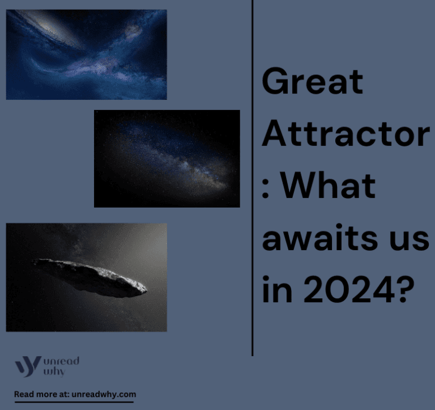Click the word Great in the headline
click(x=312, y=82)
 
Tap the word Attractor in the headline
click(x=346, y=134)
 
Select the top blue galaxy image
click(x=86, y=54)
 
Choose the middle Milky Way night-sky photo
click(x=167, y=158)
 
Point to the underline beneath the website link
click(x=74, y=402)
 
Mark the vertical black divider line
click(x=252, y=176)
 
